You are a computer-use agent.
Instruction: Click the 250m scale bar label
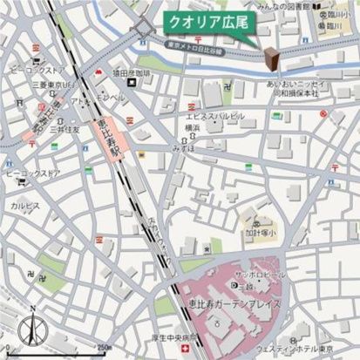(x=105, y=349)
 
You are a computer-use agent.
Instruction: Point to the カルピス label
(x=24, y=206)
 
